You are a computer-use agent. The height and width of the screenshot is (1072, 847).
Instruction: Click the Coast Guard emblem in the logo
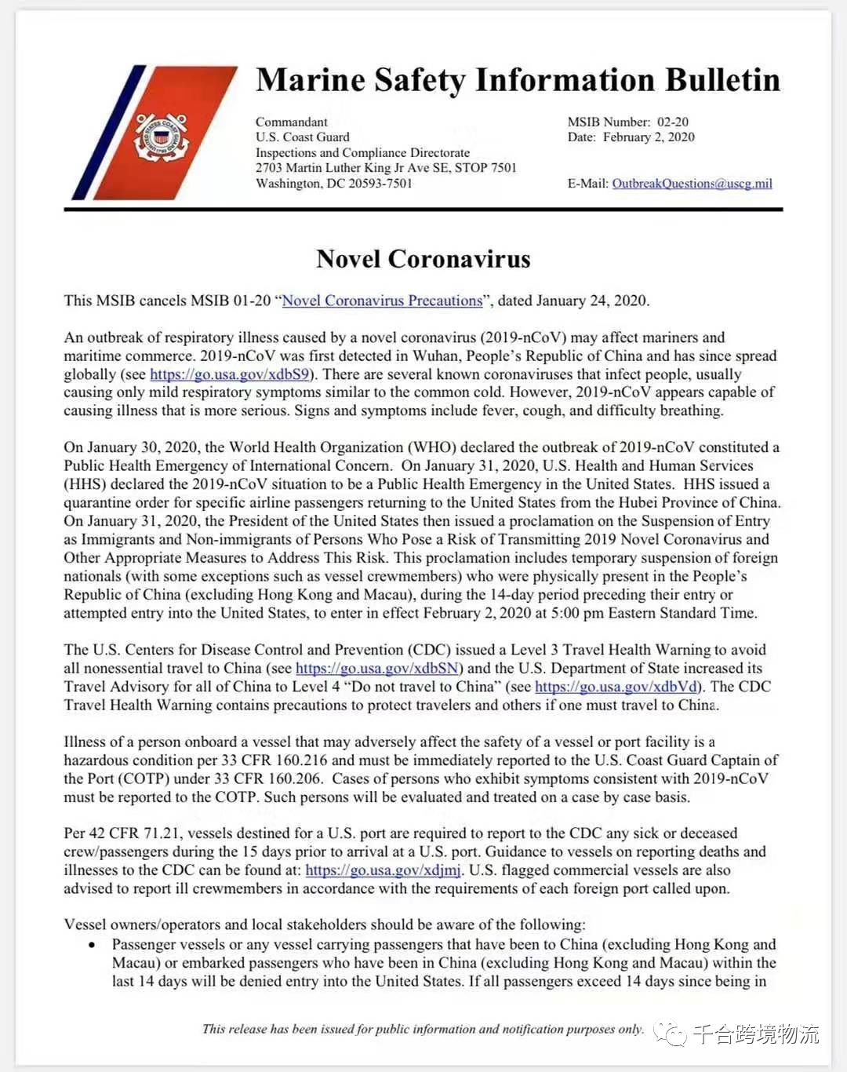(161, 138)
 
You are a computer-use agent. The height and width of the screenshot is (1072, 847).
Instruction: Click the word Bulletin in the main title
(722, 80)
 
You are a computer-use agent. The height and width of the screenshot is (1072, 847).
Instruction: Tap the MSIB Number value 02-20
(673, 122)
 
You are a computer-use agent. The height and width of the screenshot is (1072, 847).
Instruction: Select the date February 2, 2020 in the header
(649, 137)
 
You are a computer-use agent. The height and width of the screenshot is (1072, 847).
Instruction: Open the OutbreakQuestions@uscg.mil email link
(692, 184)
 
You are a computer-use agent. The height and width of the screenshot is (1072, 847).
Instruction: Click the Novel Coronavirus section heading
(423, 259)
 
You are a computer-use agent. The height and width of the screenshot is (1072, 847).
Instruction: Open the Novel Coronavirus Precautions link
(382, 301)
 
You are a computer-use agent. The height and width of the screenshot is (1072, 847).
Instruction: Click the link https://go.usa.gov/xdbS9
(230, 374)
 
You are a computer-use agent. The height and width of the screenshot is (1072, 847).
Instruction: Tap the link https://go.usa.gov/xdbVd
(616, 687)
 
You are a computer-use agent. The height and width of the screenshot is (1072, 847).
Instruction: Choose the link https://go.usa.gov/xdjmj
(384, 870)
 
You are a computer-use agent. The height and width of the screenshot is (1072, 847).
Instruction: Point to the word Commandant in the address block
(292, 122)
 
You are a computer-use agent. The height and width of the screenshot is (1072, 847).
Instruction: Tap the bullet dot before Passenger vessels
(93, 946)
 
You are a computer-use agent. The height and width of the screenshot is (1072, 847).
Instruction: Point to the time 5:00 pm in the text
(579, 613)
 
